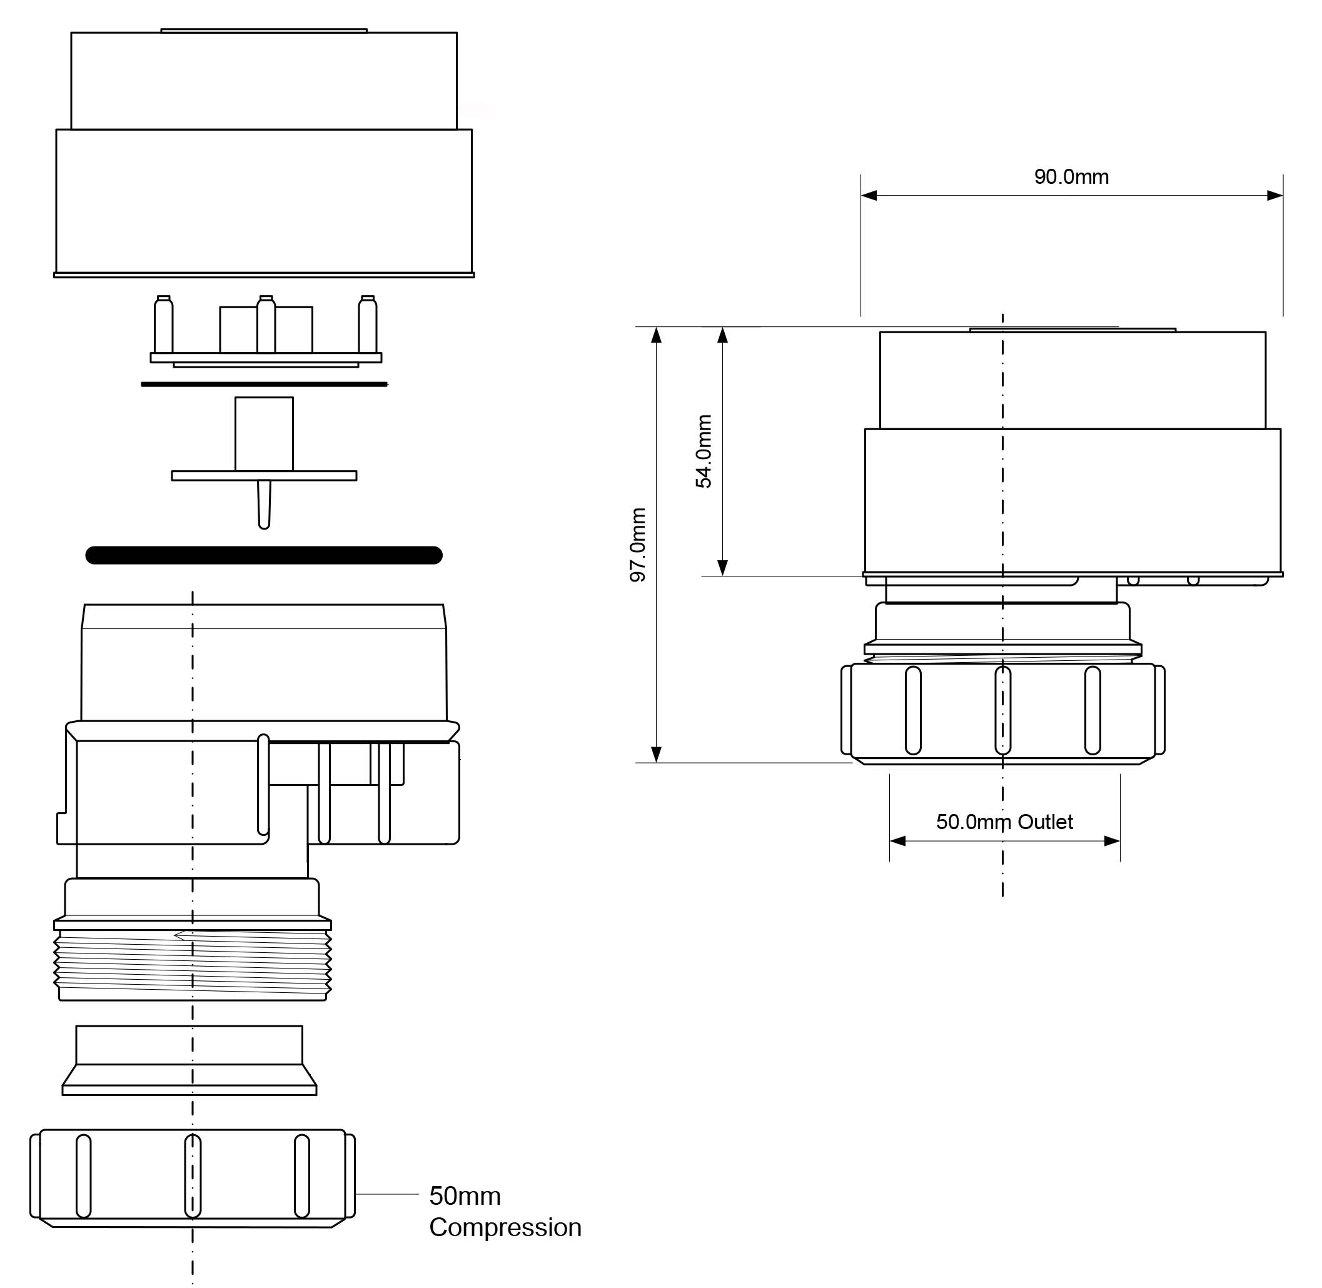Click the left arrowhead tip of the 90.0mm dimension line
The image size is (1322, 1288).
tap(861, 196)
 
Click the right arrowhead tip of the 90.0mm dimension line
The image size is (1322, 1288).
tap(1283, 196)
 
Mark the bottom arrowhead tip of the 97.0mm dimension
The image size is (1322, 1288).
tap(655, 762)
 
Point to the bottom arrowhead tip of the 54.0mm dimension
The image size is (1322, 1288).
tap(722, 576)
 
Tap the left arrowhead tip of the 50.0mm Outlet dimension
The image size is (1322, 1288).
tap(890, 841)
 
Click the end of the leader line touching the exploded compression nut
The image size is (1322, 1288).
tap(356, 1195)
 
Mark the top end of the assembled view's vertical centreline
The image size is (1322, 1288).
tap(1002, 314)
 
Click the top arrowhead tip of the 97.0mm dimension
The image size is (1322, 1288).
tap(655, 328)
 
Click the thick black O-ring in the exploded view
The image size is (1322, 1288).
tap(264, 555)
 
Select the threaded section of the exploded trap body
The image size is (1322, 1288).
tap(193, 965)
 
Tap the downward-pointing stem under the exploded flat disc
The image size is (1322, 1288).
tap(265, 505)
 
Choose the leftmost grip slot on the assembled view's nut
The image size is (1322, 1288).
tap(912, 710)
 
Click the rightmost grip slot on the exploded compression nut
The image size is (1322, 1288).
tap(302, 1175)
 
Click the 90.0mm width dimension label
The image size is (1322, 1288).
tap(1072, 177)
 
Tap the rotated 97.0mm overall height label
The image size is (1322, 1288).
tap(638, 545)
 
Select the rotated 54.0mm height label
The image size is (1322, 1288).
tap(704, 451)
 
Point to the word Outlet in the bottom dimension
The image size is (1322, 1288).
tap(1046, 822)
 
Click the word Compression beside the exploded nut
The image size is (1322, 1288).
tap(505, 1227)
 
